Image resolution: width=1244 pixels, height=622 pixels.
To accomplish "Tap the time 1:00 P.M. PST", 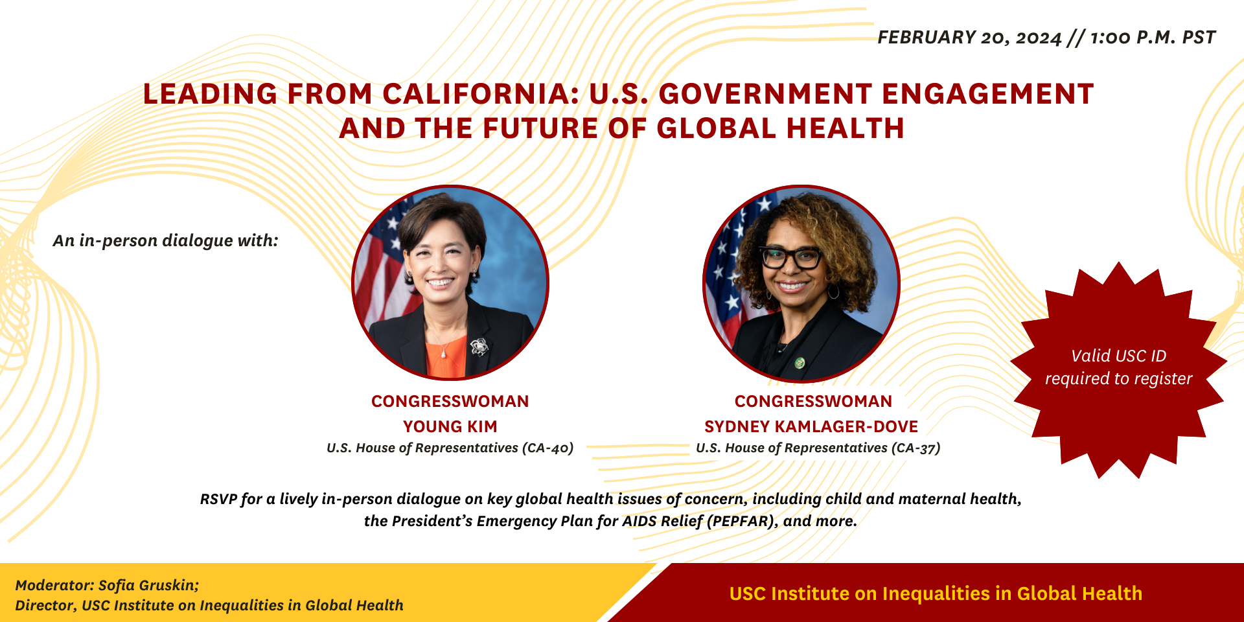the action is [x=1153, y=38].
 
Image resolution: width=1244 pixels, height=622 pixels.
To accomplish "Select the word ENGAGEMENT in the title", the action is [x=988, y=94].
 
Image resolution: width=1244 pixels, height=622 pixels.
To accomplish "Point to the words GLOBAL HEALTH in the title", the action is [x=780, y=128].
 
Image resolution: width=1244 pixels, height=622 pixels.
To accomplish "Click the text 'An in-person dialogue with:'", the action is [x=166, y=240].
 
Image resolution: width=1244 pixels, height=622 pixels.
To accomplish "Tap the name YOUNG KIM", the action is [x=450, y=426].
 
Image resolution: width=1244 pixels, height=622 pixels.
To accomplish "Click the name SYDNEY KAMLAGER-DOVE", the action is [x=811, y=426].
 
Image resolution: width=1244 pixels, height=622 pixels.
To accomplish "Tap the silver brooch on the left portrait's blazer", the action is [x=478, y=347].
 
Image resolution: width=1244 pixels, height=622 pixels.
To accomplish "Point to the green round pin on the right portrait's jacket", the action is [x=800, y=363].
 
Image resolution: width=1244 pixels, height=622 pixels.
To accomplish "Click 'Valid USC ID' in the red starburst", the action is [x=1119, y=356].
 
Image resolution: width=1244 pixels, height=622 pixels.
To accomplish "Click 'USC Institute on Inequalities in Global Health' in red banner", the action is [x=936, y=593].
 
